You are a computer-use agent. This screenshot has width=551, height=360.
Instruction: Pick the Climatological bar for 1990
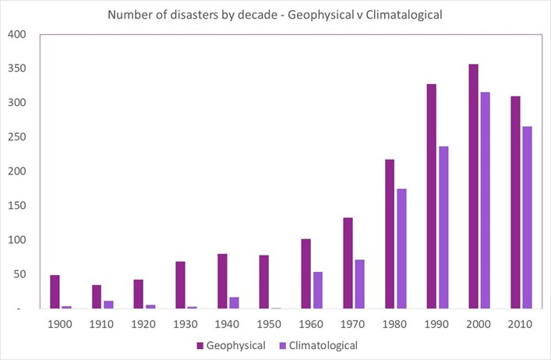(443, 228)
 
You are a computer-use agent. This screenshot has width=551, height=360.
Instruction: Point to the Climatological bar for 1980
(402, 249)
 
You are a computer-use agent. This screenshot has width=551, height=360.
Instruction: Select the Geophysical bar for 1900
(55, 291)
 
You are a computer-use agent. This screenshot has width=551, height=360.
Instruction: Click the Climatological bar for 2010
(528, 256)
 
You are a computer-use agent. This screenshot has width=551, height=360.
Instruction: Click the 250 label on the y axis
(17, 137)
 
